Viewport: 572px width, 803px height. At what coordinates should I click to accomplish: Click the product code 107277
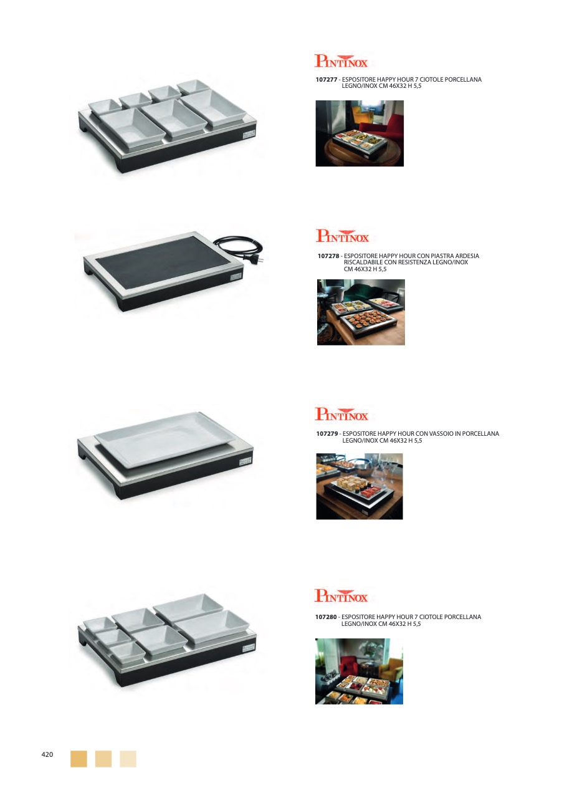tap(327, 80)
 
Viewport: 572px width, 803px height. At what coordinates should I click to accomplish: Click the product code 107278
tap(328, 256)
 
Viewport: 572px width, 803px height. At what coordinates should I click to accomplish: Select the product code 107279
tap(327, 434)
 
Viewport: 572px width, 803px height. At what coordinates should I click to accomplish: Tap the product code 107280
tap(326, 617)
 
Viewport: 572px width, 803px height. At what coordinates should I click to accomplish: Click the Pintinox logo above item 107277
tap(341, 61)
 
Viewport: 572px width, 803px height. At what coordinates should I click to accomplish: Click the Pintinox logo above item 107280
tap(341, 596)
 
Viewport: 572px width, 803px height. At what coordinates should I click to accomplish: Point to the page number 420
tap(47, 754)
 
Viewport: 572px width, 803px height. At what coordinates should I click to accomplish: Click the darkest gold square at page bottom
tap(79, 759)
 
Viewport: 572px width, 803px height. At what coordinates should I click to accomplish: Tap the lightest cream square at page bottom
tap(128, 759)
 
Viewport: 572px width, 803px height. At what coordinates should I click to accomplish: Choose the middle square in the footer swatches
tap(103, 759)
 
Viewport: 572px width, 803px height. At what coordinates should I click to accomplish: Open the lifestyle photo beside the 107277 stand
tap(360, 133)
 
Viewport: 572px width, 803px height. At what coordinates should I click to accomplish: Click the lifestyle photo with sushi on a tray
tap(360, 486)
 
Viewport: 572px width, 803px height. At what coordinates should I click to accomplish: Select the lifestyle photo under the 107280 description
tap(360, 671)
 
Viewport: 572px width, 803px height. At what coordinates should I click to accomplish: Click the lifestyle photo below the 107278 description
tap(361, 312)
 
